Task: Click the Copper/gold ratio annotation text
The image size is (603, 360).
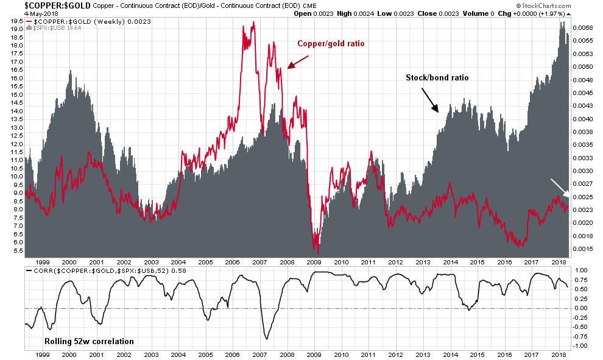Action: [x=330, y=44]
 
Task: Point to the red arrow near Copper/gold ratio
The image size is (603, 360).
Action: [x=298, y=61]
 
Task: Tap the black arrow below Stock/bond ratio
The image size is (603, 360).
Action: [x=429, y=100]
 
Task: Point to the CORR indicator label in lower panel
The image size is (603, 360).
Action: [x=89, y=269]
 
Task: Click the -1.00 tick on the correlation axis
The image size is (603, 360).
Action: [x=582, y=346]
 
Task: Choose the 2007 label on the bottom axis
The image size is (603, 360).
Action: [x=260, y=355]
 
